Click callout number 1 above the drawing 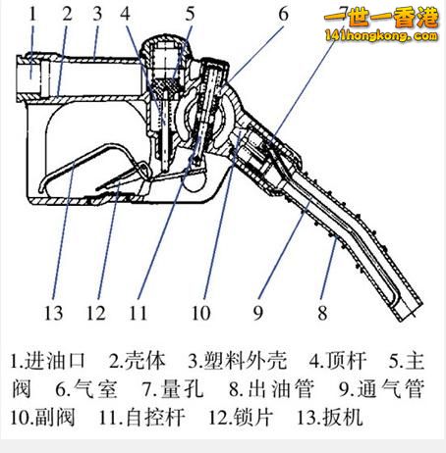click(x=32, y=15)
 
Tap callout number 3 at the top click(x=97, y=15)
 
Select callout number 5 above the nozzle click(x=190, y=15)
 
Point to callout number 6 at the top click(x=284, y=15)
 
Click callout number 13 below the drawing click(x=53, y=313)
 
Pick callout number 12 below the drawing click(x=96, y=313)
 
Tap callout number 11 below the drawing click(x=139, y=313)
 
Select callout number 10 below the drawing click(x=200, y=313)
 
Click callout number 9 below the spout click(x=258, y=313)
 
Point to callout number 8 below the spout click(x=322, y=313)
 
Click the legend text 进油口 click(x=55, y=361)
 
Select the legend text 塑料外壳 click(x=246, y=361)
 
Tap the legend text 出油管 click(x=281, y=389)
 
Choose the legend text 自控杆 click(x=155, y=418)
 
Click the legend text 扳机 click(x=343, y=418)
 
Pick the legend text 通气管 click(x=391, y=389)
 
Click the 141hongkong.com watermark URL click(x=381, y=35)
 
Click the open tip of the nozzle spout click(x=409, y=311)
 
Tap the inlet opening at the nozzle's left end click(x=28, y=76)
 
